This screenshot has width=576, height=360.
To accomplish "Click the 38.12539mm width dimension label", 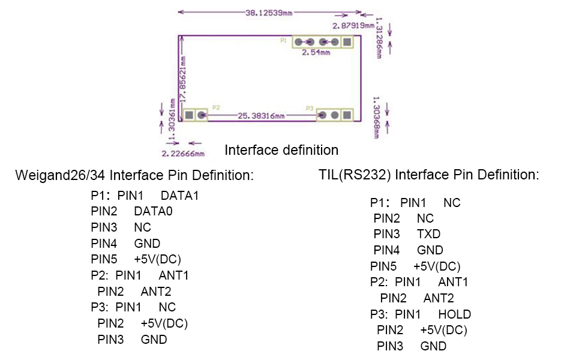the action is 269,13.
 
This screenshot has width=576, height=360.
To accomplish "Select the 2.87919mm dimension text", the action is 353,26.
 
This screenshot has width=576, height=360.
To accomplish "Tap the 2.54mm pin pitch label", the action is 316,53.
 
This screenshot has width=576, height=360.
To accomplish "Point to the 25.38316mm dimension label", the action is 261,116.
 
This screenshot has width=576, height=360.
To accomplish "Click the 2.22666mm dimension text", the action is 183,154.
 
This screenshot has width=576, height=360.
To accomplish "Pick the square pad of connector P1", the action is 347,42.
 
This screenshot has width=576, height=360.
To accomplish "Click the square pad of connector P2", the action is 189,115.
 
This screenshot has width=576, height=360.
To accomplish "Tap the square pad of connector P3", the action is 347,115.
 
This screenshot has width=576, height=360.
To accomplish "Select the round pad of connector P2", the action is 202,115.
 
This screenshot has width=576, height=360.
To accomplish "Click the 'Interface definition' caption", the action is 281,150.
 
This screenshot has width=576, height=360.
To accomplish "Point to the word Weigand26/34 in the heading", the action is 61,175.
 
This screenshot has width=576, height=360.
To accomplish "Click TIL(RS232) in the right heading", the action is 355,175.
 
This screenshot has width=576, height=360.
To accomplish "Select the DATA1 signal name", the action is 179,196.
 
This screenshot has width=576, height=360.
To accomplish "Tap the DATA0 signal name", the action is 153,211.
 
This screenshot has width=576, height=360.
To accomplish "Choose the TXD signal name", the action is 428,234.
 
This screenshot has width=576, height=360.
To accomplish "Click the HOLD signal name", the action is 454,314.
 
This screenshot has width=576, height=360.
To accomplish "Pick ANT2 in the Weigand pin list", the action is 156,292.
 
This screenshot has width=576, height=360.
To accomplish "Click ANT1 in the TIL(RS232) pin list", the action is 453,282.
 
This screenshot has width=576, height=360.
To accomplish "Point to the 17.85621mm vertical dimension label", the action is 183,79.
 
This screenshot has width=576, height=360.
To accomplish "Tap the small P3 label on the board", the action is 310,109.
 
